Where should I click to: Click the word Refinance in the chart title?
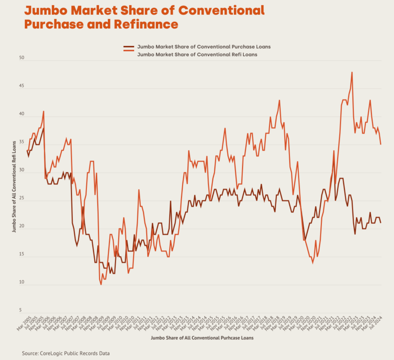pyautogui.click(x=146, y=24)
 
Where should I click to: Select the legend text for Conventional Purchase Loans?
pyautogui.click(x=204, y=47)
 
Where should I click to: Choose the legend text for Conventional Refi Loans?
pyautogui.click(x=197, y=55)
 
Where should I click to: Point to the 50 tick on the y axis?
pyautogui.click(x=21, y=58)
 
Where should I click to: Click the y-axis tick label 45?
pyautogui.click(x=21, y=86)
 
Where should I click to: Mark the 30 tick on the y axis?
pyautogui.click(x=21, y=170)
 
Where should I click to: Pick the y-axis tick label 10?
pyautogui.click(x=21, y=282)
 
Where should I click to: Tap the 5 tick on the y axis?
pyautogui.click(x=20, y=310)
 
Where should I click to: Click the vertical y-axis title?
pyautogui.click(x=14, y=187)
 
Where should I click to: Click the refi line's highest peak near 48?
pyautogui.click(x=352, y=72)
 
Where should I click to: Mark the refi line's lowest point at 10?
pyautogui.click(x=101, y=284)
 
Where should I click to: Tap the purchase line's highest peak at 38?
pyautogui.click(x=44, y=128)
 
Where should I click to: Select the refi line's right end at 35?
pyautogui.click(x=381, y=144)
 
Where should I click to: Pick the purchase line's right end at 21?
pyautogui.click(x=381, y=223)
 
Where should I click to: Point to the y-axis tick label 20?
pyautogui.click(x=21, y=226)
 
